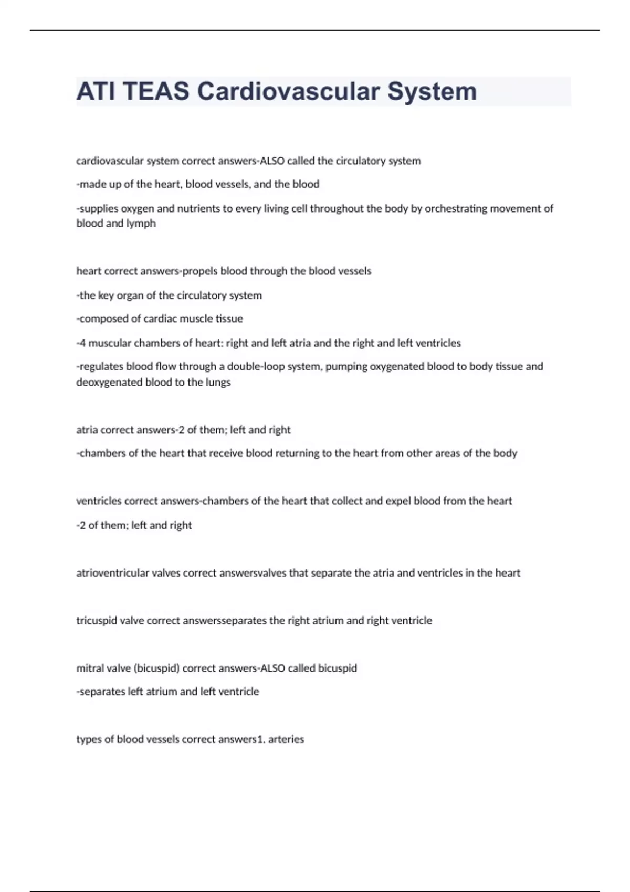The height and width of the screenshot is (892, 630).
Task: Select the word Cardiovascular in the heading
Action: click(288, 91)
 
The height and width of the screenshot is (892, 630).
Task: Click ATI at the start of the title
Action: click(96, 91)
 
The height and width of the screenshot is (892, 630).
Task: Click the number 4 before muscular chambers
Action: click(82, 343)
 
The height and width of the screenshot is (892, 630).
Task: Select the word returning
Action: click(297, 453)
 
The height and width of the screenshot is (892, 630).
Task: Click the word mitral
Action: click(90, 668)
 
